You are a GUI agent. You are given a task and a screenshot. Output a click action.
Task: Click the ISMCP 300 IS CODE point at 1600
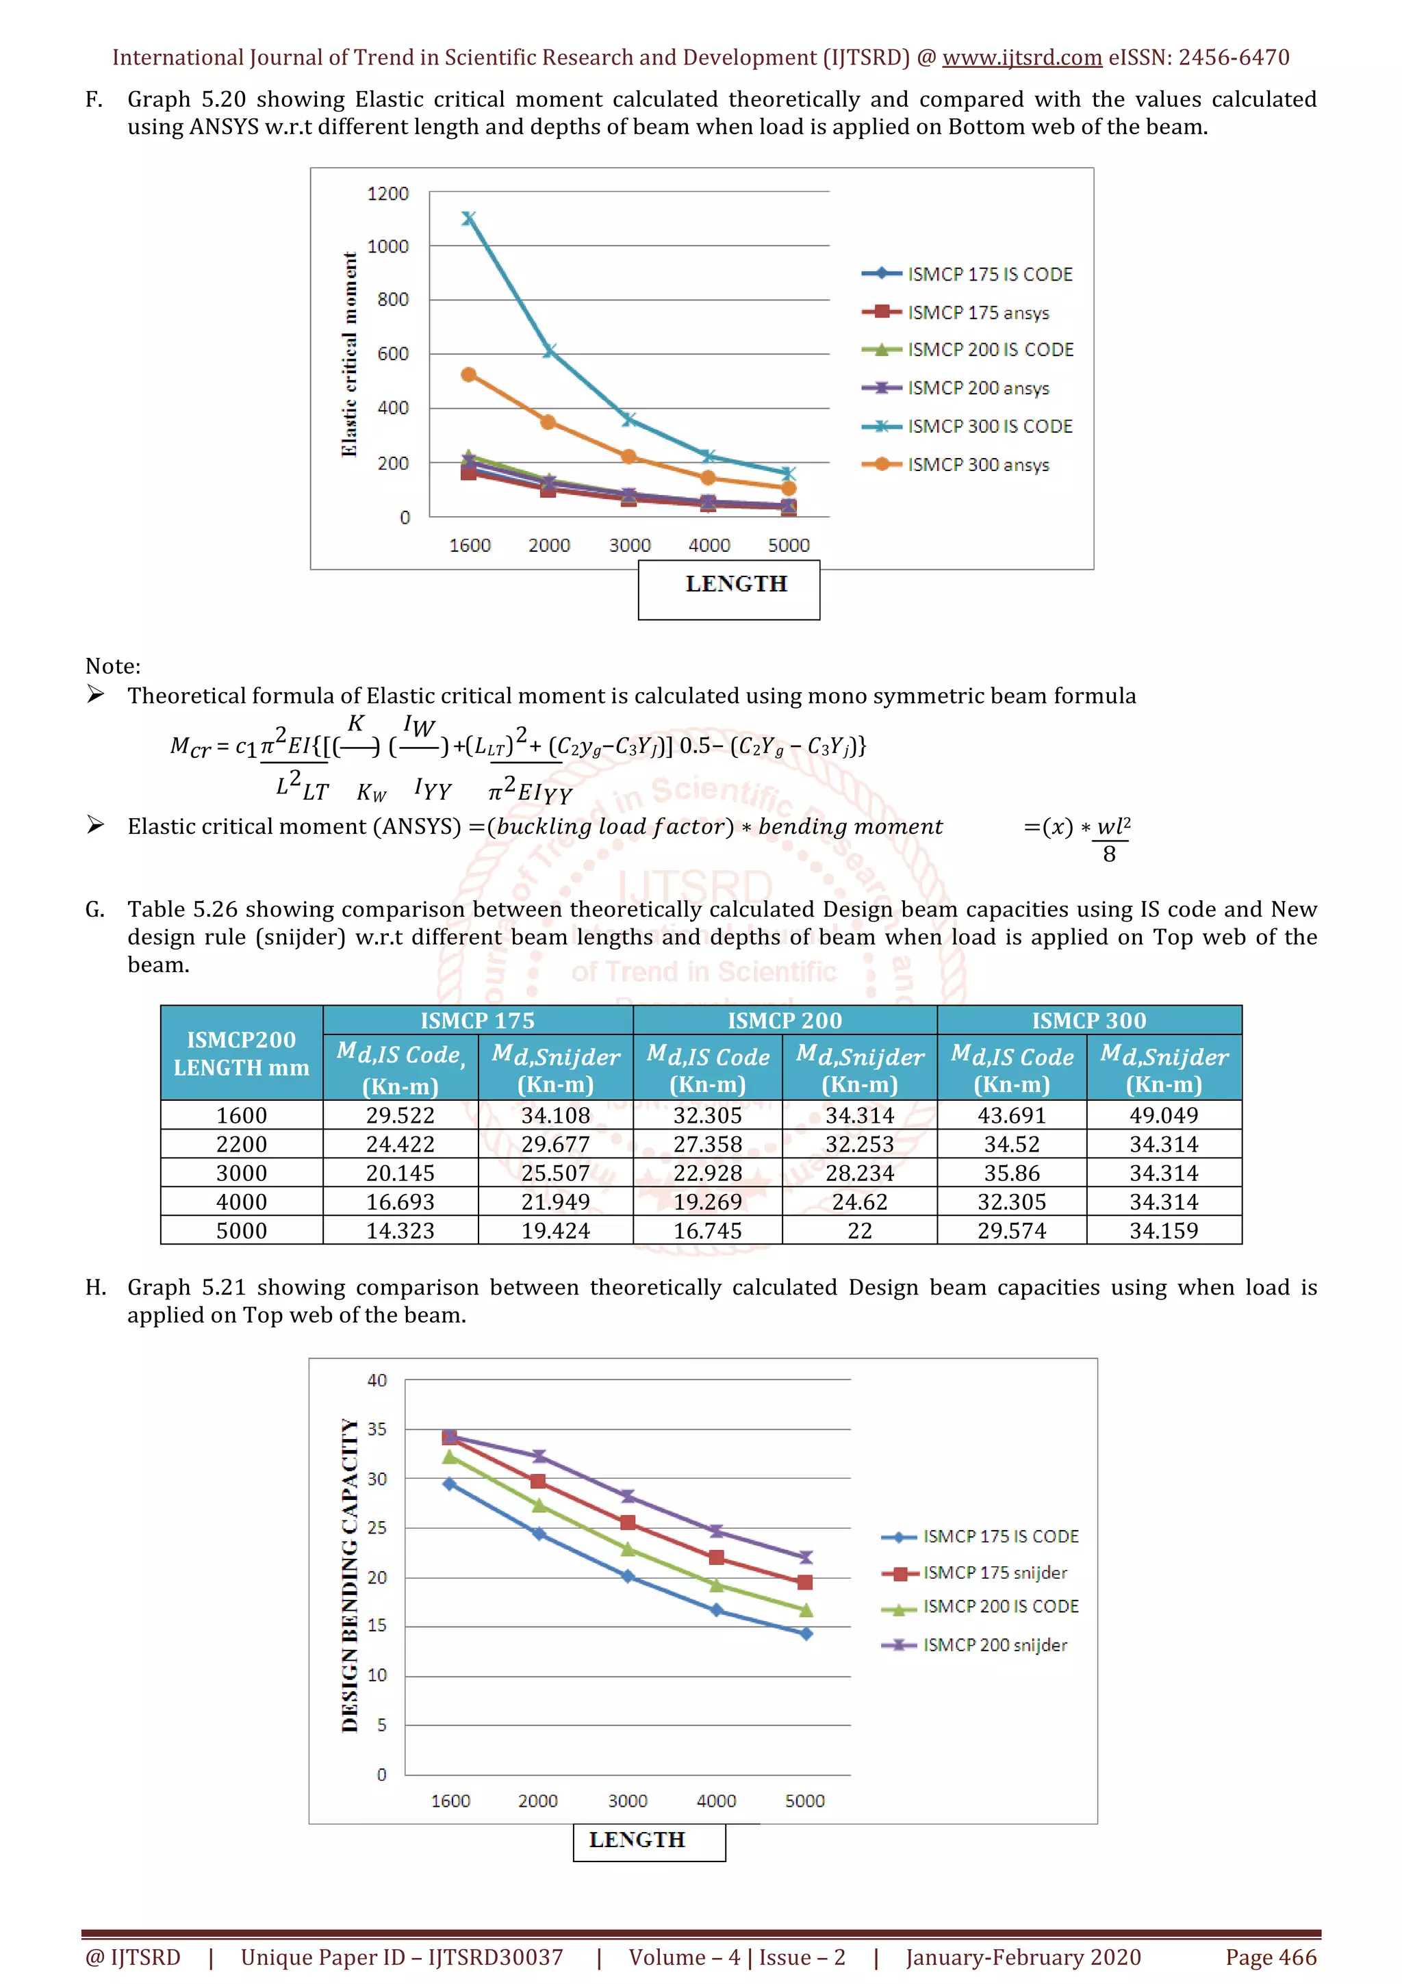(468, 218)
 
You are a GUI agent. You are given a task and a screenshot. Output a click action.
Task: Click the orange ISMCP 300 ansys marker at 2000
(548, 422)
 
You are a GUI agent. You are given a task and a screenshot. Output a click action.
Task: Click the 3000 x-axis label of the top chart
(630, 545)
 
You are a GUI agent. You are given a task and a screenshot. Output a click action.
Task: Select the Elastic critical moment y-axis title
(349, 355)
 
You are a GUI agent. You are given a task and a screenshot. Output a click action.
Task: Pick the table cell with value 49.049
(1164, 1115)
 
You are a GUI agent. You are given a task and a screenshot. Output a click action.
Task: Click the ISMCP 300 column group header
(1088, 1021)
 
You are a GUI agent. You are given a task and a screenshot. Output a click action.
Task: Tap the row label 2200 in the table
(242, 1144)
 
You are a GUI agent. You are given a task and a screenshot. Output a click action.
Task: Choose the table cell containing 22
(860, 1230)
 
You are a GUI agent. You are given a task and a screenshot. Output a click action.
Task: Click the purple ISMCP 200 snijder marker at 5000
(805, 1557)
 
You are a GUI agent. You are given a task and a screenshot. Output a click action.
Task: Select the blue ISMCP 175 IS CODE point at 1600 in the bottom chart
(449, 1484)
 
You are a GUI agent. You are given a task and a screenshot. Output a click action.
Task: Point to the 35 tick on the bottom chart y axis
(377, 1429)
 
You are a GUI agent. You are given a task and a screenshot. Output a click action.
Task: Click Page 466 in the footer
(1271, 1957)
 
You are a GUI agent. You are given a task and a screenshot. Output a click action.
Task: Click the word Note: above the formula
(113, 666)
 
